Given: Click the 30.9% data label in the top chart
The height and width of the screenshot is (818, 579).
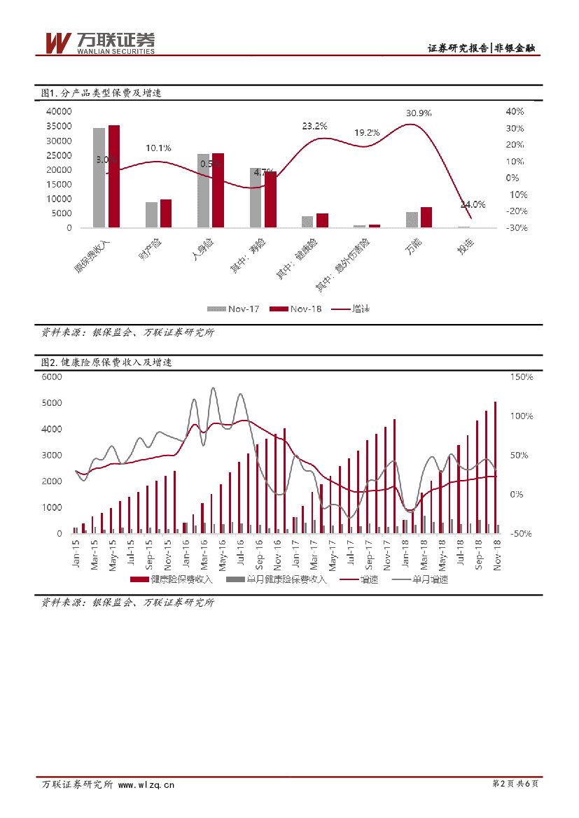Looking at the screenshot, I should tap(419, 113).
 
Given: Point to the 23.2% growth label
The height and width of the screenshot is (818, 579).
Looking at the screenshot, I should tap(314, 127).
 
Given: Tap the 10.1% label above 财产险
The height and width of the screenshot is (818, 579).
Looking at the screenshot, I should tap(158, 148).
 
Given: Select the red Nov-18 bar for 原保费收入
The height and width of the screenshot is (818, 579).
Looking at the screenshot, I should tap(114, 176).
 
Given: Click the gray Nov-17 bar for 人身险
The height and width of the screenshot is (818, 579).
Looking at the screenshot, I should tap(203, 190).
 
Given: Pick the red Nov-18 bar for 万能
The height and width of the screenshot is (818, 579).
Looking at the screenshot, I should tap(426, 218).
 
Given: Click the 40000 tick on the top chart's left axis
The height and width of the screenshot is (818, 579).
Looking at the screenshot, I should tap(59, 112).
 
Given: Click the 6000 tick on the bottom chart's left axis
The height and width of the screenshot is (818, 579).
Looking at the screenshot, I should tap(53, 376).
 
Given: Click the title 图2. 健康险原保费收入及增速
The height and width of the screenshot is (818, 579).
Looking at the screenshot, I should tap(106, 362).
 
